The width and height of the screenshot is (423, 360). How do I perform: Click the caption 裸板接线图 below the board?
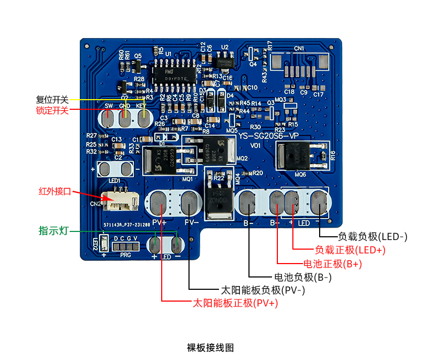(x=210, y=348)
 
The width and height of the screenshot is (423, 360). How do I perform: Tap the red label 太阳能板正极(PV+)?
(x=236, y=303)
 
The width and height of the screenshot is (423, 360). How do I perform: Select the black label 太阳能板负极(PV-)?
(x=263, y=290)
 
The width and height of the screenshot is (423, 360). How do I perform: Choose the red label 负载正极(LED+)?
(x=350, y=250)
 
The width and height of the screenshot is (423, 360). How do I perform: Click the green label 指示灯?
(x=53, y=231)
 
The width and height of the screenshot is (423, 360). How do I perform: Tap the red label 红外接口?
(x=54, y=191)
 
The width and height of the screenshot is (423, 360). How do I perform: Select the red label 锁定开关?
(x=52, y=110)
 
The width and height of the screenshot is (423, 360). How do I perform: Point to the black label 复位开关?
(x=52, y=100)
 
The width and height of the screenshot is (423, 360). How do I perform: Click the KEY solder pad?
(x=143, y=119)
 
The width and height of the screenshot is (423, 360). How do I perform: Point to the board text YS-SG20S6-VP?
(x=270, y=137)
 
